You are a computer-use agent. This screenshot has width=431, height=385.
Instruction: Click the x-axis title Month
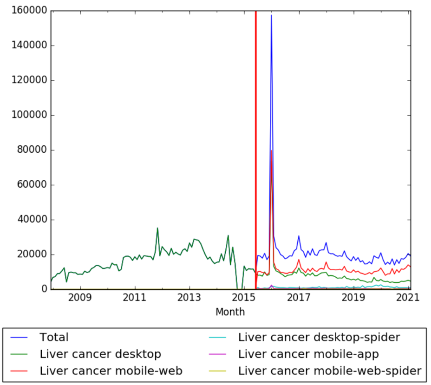[230, 312]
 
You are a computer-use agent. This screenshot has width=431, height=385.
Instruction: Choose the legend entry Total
[54, 337]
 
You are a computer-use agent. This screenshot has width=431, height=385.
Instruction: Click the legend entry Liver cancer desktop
[100, 354]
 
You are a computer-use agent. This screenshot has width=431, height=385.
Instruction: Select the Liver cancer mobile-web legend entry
[111, 371]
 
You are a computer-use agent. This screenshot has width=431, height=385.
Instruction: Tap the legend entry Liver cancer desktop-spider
[319, 337]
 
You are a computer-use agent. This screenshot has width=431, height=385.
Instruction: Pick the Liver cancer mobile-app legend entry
[308, 354]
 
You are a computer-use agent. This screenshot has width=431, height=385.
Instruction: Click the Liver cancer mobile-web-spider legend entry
[329, 371]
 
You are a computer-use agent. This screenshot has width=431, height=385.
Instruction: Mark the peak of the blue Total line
[271, 15]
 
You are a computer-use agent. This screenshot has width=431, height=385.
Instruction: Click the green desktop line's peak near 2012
[157, 228]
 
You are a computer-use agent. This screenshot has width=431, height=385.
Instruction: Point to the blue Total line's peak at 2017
[299, 236]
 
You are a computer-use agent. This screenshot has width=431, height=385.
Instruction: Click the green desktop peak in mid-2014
[228, 235]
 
